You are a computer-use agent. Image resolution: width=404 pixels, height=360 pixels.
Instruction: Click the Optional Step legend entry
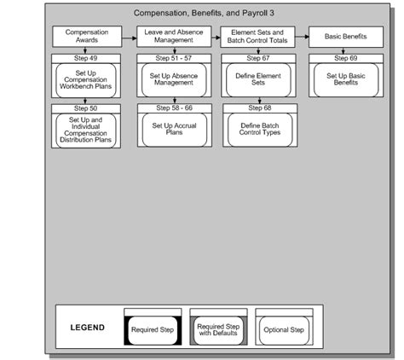tap(284, 328)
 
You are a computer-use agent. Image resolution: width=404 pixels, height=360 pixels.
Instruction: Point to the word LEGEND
tap(88, 328)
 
